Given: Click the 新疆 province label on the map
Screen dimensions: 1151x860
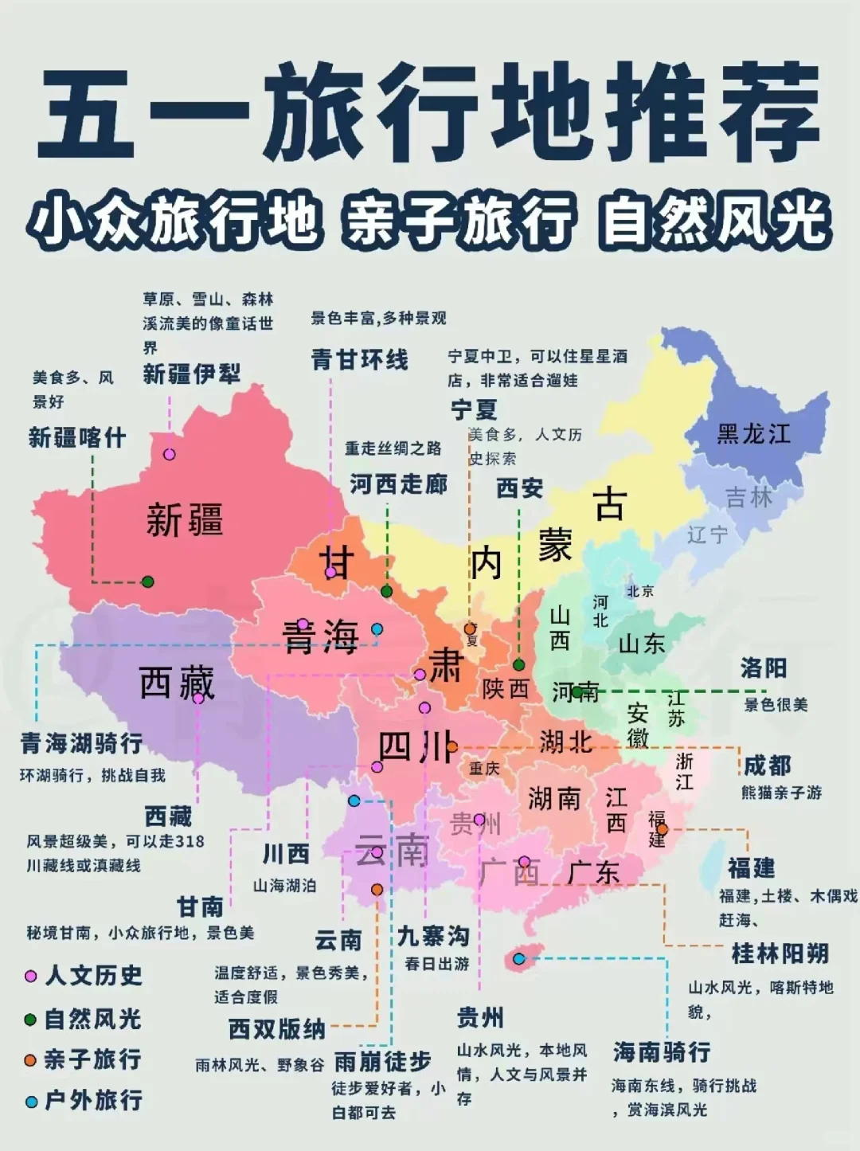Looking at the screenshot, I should (x=185, y=520).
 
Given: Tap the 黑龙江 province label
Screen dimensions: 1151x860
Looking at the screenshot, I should (x=753, y=434).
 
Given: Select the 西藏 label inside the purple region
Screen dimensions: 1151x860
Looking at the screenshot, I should (x=177, y=683).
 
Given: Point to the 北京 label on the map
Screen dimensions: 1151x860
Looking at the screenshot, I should (x=639, y=591).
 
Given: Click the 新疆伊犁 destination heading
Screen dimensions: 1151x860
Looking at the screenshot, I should (x=191, y=374).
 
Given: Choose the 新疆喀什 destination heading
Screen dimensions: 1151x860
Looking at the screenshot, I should (x=77, y=437).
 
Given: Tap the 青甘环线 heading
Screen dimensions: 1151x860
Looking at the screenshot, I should (x=359, y=359).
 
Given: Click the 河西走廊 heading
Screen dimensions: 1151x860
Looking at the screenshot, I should (x=398, y=483).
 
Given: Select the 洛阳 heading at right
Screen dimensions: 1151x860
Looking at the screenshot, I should (x=763, y=668).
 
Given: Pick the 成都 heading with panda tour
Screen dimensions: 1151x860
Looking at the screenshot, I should (x=767, y=765).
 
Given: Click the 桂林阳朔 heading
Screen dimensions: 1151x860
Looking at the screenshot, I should (x=780, y=953).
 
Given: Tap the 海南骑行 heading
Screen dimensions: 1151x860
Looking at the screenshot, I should (x=661, y=1051).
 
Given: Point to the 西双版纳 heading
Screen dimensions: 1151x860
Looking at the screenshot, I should (x=276, y=1029).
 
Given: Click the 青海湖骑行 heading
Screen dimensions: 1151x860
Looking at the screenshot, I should (x=81, y=743).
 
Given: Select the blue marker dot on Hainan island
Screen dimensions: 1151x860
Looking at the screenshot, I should (x=519, y=958).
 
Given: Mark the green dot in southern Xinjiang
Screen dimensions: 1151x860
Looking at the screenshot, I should (x=147, y=581).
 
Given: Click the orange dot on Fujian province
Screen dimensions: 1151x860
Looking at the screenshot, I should (x=662, y=829).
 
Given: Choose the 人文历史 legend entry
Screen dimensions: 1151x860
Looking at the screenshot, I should (x=92, y=975).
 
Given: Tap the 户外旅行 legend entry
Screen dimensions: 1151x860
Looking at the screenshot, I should (x=92, y=1100).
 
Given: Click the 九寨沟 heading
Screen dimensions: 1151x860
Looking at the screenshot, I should (x=433, y=936).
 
